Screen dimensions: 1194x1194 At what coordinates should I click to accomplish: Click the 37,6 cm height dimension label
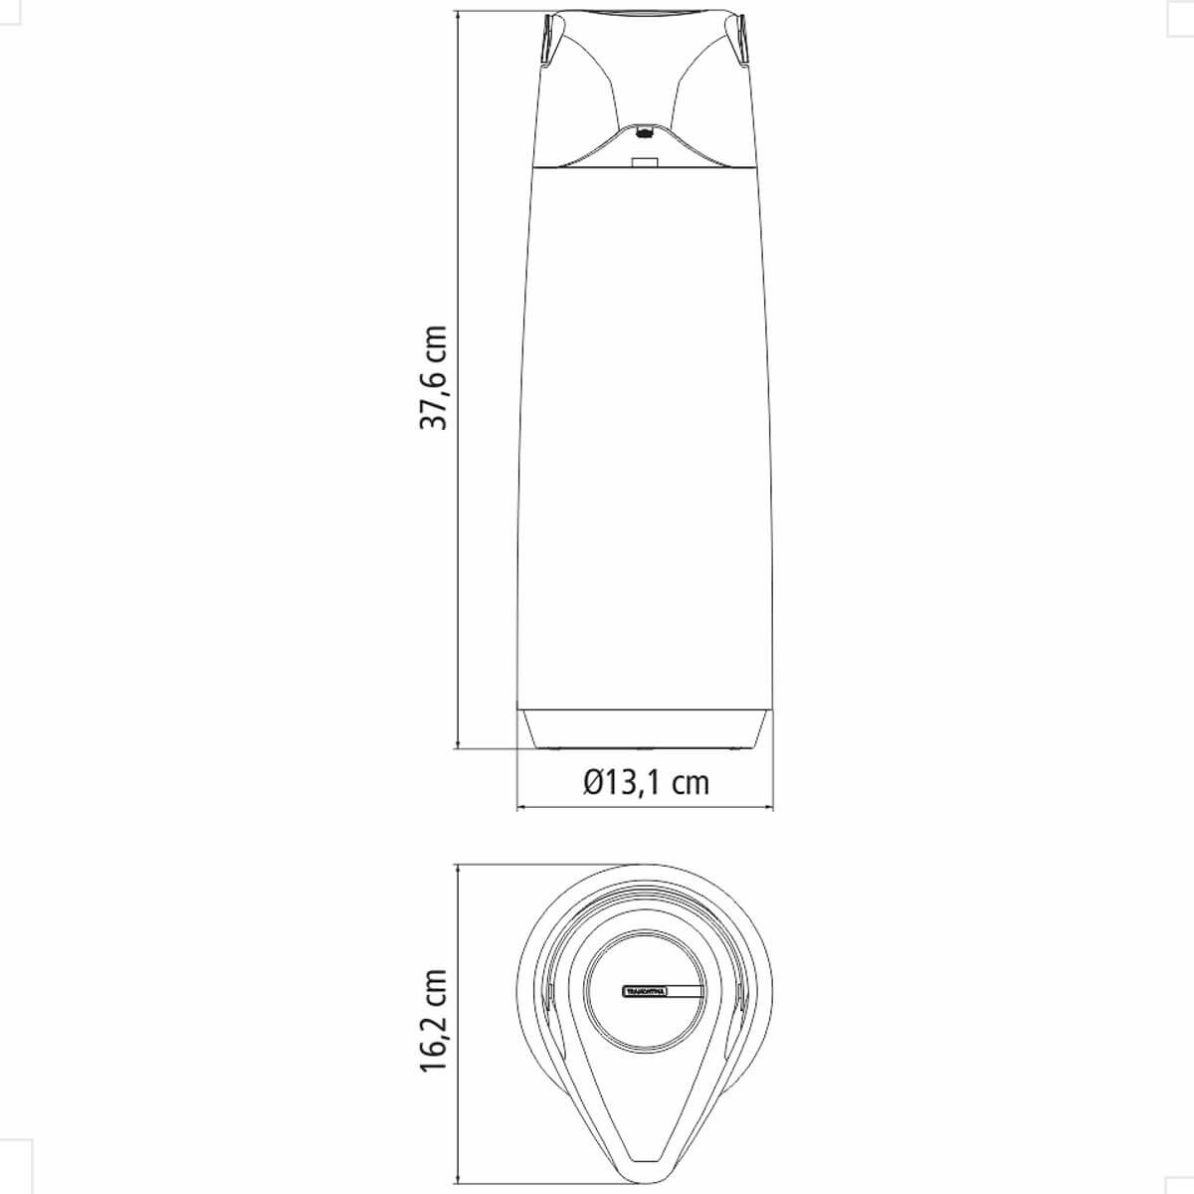tap(433, 376)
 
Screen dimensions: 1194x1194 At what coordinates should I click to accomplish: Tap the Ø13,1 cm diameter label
tap(647, 782)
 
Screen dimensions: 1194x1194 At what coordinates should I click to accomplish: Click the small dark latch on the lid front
tap(645, 130)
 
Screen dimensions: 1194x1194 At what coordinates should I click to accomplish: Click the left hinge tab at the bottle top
tap(549, 40)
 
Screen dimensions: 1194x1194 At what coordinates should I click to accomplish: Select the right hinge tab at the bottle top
tap(741, 40)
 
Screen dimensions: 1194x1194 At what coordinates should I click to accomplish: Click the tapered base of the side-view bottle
tap(645, 728)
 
